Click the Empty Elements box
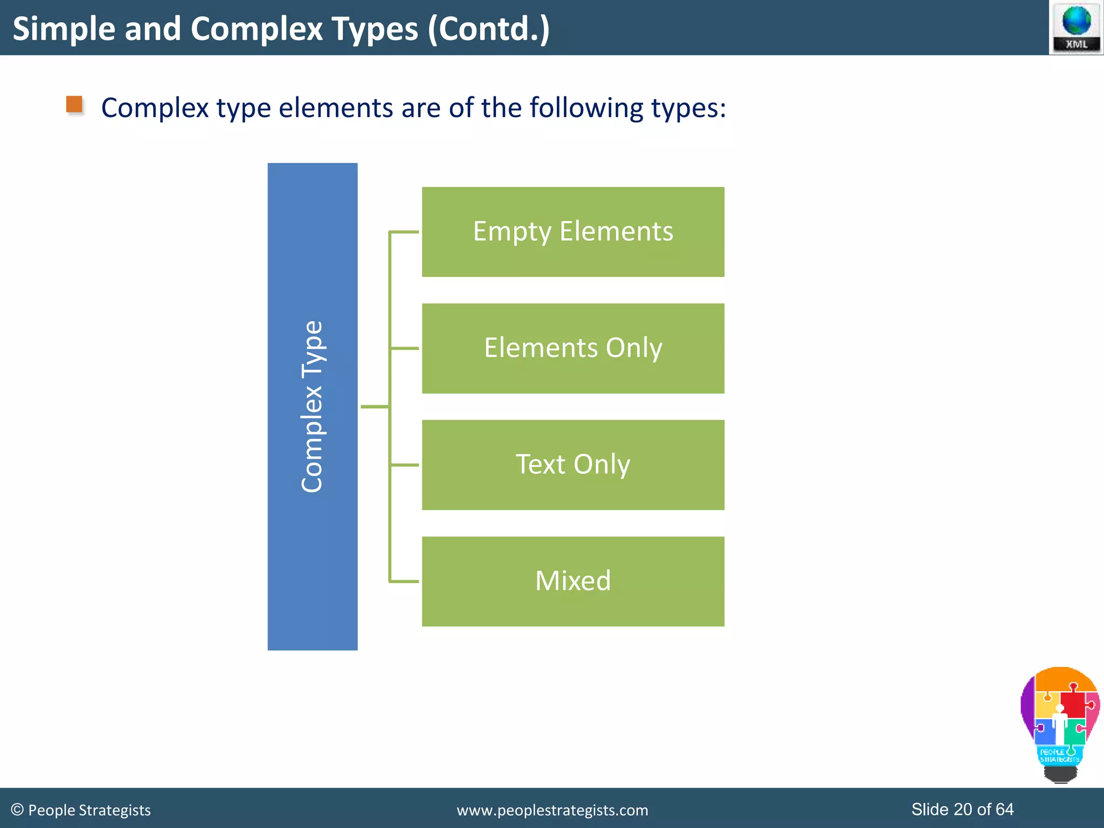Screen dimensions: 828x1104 tap(572, 232)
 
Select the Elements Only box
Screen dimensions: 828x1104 tap(572, 348)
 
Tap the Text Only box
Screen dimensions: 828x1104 tap(572, 465)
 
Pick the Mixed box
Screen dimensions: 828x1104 tap(572, 581)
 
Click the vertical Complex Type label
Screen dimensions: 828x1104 tap(312, 406)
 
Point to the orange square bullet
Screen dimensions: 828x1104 tap(74, 104)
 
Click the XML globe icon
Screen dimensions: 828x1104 tap(1076, 27)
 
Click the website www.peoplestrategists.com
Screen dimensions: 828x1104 tap(552, 810)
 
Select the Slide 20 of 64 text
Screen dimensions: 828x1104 tap(962, 809)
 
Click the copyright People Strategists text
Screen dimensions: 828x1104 tap(81, 810)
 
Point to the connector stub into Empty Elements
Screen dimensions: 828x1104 tap(404, 232)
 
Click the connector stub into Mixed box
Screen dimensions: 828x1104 tap(404, 581)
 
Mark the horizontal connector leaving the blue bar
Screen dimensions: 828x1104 tap(374, 406)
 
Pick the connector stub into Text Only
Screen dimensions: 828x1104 tap(404, 465)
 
